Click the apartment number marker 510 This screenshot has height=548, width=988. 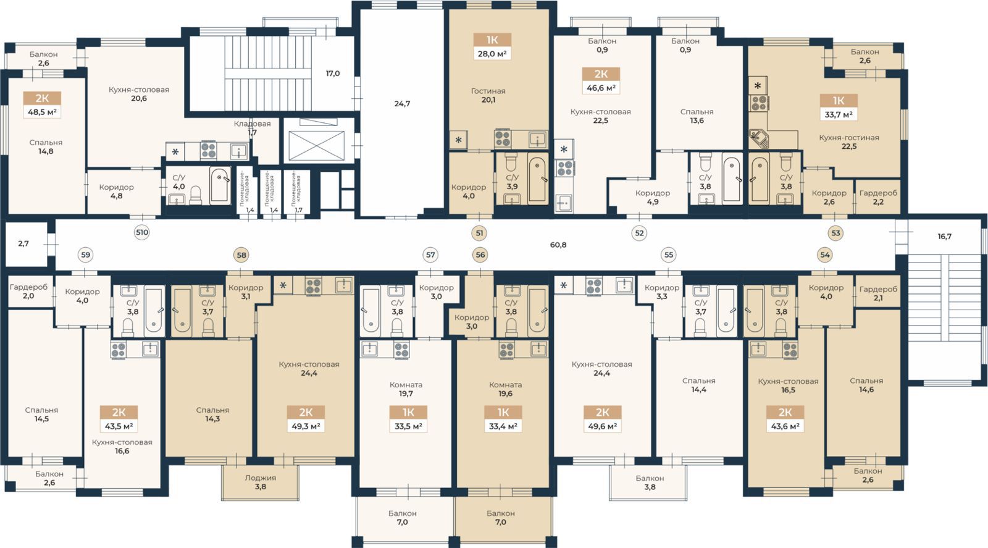[141, 232]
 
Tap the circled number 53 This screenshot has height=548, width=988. [835, 233]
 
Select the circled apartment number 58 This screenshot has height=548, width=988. [241, 255]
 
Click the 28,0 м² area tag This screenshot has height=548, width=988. [492, 54]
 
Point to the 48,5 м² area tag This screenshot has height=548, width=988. [42, 112]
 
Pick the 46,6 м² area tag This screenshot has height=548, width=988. [601, 88]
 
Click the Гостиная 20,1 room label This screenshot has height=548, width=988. [488, 95]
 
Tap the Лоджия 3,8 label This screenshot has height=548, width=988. [260, 483]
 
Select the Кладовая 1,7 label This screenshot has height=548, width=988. [253, 127]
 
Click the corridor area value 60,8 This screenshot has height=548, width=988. [558, 245]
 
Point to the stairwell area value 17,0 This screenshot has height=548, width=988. [333, 74]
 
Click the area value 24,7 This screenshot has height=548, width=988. [402, 104]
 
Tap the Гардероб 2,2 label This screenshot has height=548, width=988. [878, 197]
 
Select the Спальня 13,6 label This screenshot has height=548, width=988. [697, 116]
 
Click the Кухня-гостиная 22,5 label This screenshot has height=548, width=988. [849, 142]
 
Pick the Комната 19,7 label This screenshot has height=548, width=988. [406, 389]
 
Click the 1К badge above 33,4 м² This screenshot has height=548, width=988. [503, 413]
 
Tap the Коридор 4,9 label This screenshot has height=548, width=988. [652, 197]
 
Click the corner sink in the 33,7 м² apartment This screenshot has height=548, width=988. [759, 139]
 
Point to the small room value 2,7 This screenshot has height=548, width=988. [23, 243]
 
